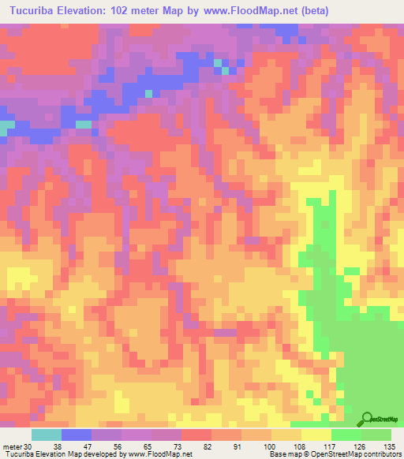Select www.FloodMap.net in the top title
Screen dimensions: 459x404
(x=250, y=11)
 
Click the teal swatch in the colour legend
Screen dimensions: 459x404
(x=47, y=435)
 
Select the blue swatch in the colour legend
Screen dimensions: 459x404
(x=77, y=435)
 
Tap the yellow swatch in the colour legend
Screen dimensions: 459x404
(x=316, y=435)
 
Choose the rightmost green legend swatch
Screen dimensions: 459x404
(x=376, y=435)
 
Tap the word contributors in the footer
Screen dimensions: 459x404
(x=380, y=453)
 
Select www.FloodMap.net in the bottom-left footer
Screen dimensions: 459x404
(x=156, y=453)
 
